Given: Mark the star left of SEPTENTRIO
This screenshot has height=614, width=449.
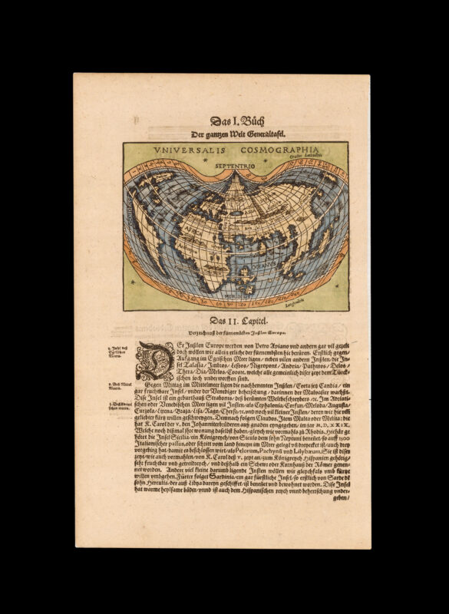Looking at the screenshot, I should [200, 165].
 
